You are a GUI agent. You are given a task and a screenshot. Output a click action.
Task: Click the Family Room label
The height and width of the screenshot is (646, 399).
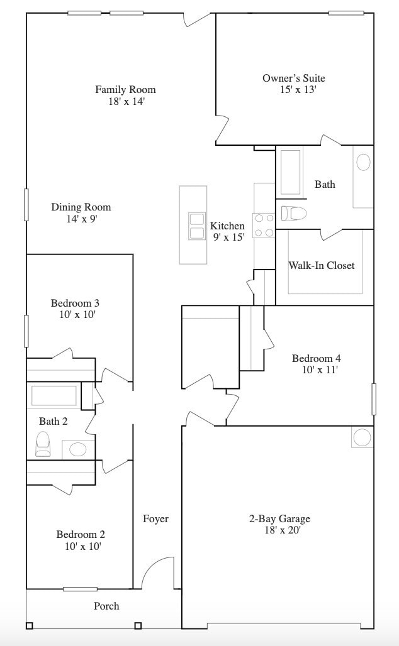125,89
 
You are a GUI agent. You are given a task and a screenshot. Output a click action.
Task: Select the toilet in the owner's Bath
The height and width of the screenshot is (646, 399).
293,214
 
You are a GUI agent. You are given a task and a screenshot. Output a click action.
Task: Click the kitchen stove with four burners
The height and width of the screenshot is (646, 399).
264,226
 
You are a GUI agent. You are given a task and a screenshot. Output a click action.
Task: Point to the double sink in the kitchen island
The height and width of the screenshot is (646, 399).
197,226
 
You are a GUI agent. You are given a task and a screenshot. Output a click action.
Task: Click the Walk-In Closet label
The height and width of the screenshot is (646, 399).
322,265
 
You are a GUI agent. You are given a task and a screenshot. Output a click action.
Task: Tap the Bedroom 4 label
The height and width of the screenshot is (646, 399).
317,358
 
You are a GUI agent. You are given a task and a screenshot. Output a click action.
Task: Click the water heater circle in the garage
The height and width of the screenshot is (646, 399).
362,437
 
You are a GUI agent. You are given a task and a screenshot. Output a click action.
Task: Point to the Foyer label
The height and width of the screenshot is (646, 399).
155,518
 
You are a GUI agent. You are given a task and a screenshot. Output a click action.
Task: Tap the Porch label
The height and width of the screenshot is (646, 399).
106,606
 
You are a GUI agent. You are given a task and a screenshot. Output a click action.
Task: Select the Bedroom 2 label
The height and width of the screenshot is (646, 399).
81,534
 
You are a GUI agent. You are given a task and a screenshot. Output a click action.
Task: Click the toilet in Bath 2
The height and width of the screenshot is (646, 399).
43,444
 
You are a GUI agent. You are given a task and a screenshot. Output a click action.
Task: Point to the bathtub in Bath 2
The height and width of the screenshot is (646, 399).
54,396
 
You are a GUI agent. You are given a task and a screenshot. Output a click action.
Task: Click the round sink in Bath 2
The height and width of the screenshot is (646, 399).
78,449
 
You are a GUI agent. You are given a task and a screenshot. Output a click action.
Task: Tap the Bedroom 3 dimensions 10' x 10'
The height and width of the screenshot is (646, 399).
77,314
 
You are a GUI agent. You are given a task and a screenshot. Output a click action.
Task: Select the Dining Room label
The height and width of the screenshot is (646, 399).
81,207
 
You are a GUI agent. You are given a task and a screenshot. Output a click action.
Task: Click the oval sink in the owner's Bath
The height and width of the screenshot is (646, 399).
363,162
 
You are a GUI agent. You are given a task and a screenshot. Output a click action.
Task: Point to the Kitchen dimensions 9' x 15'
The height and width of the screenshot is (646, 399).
228,238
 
